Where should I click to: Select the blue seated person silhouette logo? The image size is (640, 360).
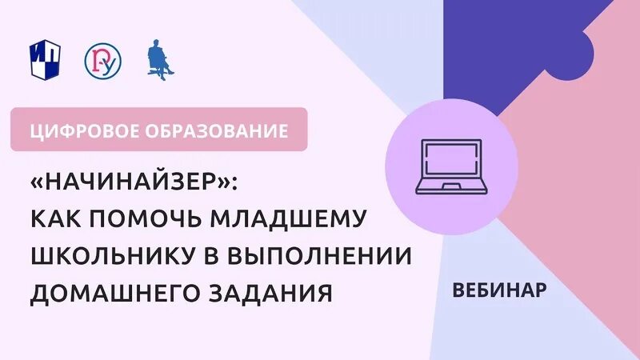pyautogui.click(x=159, y=60)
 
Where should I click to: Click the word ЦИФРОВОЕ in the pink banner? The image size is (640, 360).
pyautogui.click(x=74, y=130)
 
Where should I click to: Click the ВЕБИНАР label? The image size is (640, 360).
pyautogui.click(x=498, y=290)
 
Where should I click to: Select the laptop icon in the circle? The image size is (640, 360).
pyautogui.click(x=452, y=167)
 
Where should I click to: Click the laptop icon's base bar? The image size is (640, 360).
pyautogui.click(x=452, y=190)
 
